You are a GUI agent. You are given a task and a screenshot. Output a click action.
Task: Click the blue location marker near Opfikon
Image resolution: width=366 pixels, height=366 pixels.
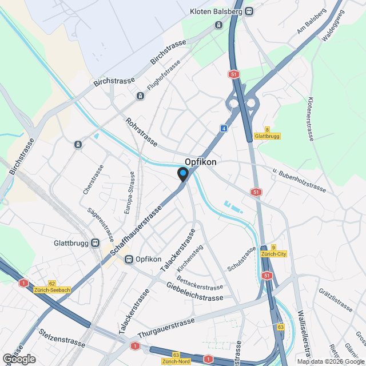click(183, 174)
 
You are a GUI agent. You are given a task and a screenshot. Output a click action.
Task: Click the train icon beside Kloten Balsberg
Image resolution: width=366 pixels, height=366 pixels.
click(248, 11)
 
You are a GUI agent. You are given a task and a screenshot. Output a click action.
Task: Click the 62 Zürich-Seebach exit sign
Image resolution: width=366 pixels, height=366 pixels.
click(52, 287)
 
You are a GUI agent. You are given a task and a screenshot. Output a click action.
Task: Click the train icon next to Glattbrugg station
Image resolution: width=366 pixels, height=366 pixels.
click(96, 242)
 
